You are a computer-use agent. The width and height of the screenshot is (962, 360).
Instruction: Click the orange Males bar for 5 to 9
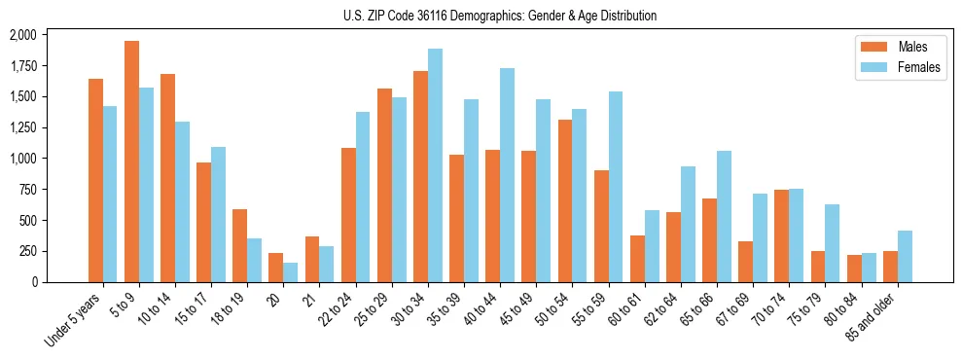[x=131, y=162]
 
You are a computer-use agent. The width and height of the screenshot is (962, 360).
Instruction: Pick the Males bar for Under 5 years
[x=95, y=180]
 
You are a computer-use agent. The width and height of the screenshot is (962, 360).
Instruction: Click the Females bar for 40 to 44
[x=507, y=175]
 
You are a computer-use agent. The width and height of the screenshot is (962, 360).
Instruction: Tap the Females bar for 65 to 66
[x=724, y=216]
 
